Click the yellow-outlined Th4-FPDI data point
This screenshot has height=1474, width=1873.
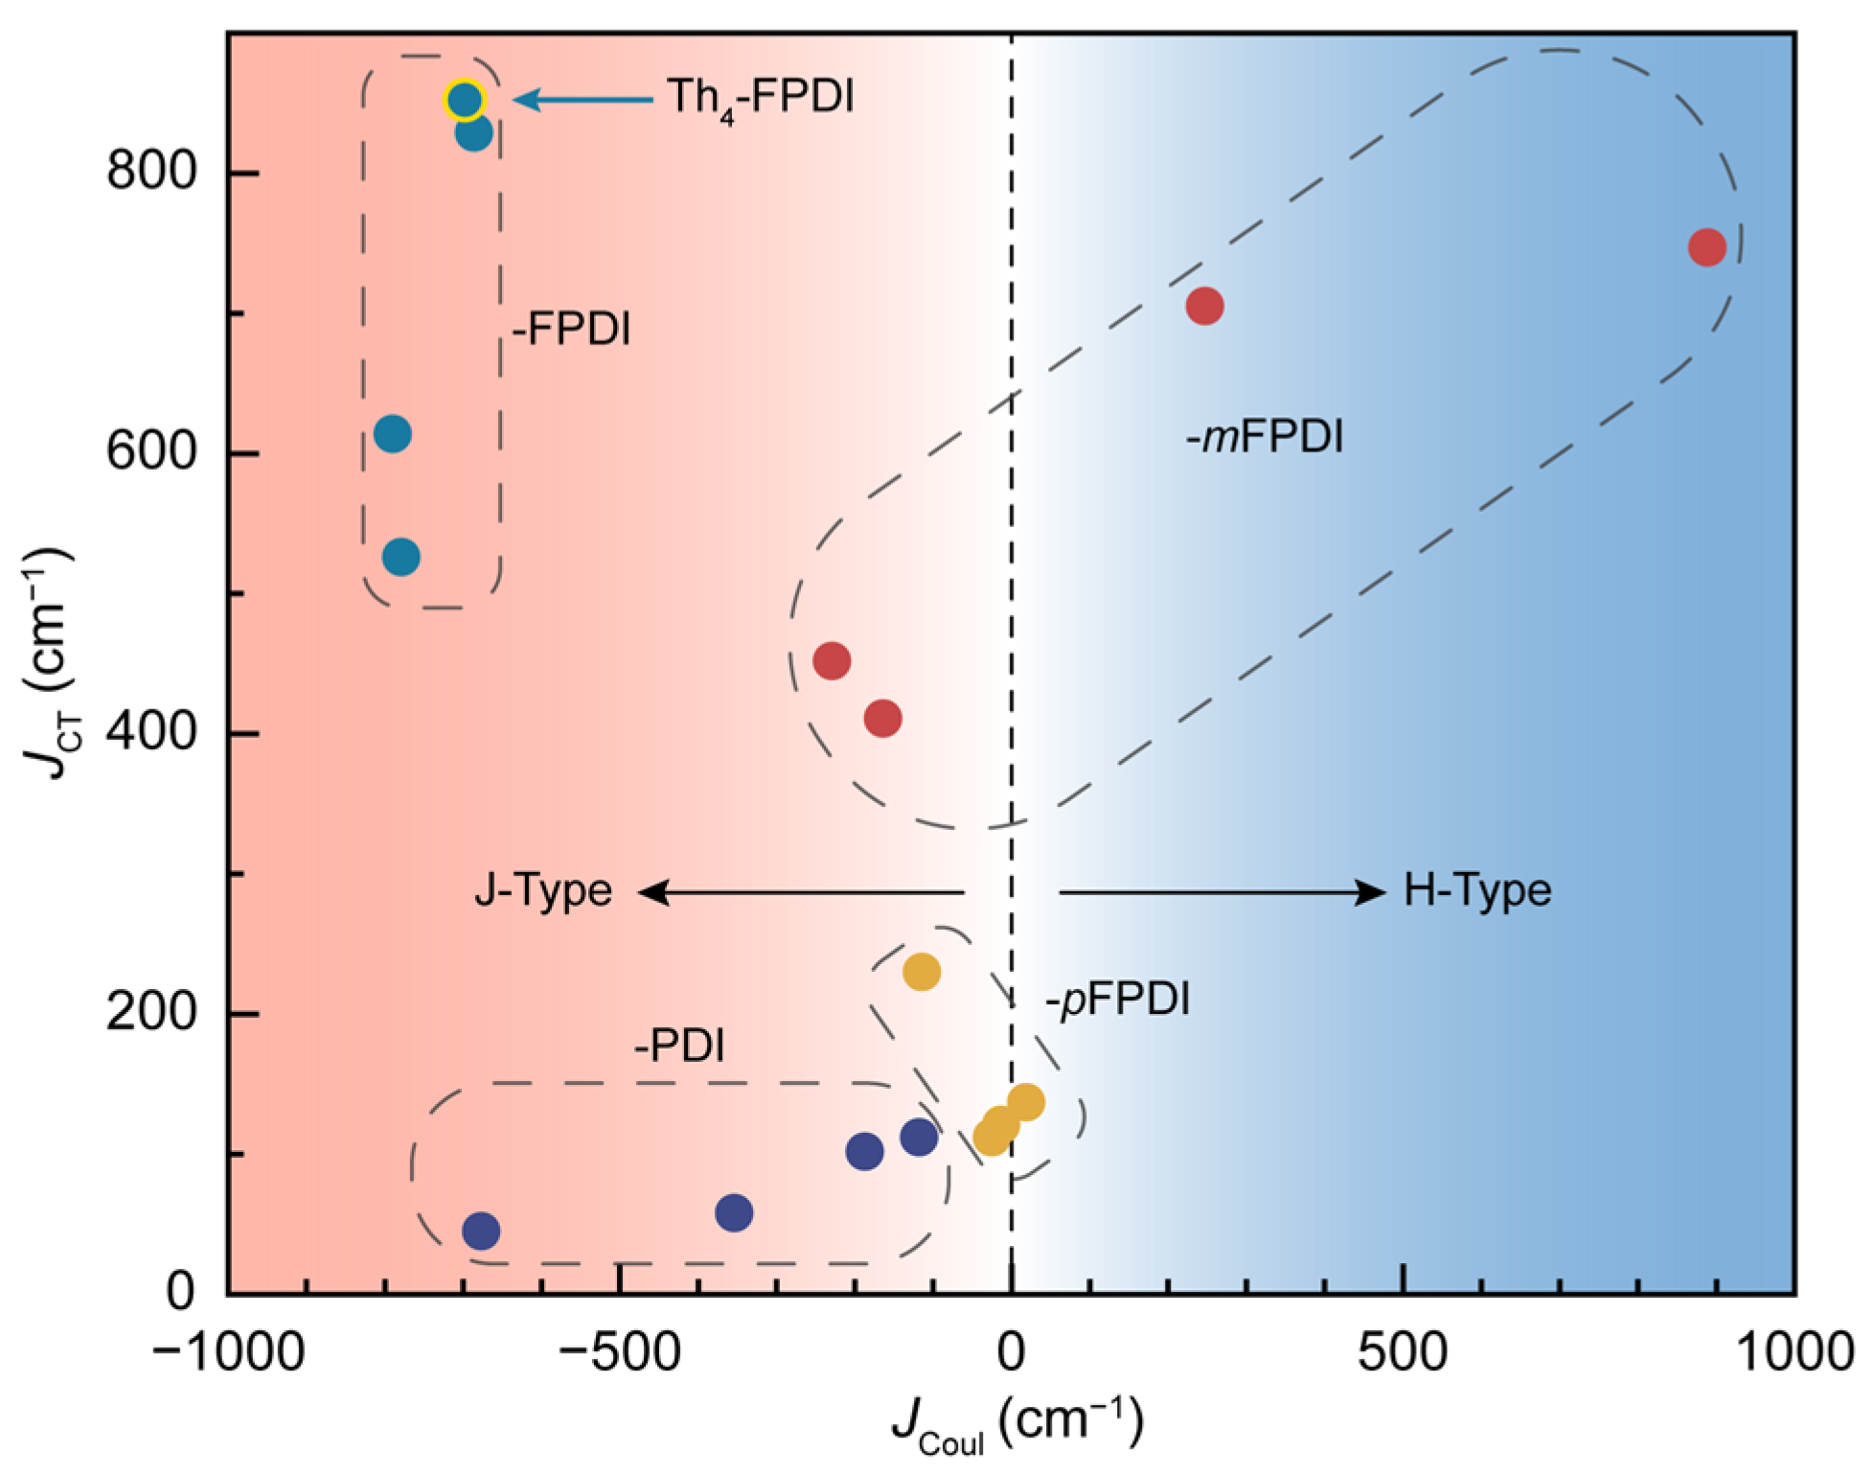465,100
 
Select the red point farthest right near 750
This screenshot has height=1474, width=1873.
1707,247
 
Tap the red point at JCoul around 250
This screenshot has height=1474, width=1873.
1204,307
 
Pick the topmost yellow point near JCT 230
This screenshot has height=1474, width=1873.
922,972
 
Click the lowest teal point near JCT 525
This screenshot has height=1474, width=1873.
401,557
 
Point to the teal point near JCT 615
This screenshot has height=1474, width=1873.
393,434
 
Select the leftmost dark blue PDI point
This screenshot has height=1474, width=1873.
481,1232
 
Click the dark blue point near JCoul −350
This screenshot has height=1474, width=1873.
734,1213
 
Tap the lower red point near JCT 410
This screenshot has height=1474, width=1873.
882,718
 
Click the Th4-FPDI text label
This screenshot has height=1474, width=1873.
760,98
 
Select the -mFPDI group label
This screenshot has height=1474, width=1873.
1265,437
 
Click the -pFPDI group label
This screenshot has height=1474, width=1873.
1117,1000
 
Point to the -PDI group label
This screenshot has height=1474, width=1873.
679,1045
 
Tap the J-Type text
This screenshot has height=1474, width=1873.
543,890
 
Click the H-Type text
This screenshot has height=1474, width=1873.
1476,890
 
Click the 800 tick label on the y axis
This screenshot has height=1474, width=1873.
151,173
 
